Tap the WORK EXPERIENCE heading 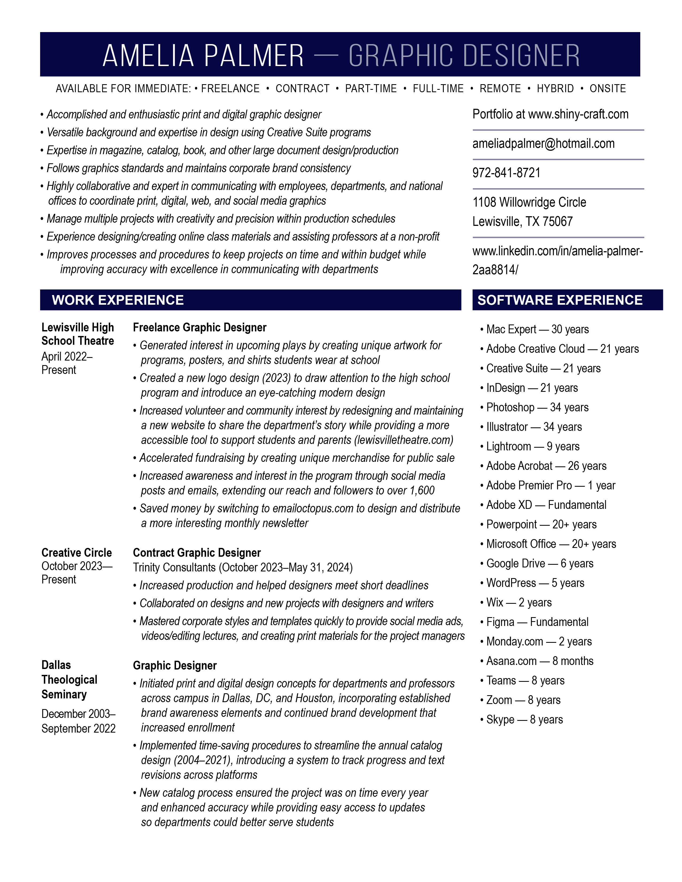coord(118,300)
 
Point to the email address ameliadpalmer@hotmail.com coord(543,144)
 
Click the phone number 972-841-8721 coord(506,173)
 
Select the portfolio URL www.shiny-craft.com coord(578,114)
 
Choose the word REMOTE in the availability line coord(500,88)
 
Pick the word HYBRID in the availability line coord(555,88)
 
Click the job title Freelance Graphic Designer coord(200,327)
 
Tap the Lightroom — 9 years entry coord(532,446)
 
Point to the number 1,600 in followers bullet coord(422,491)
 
